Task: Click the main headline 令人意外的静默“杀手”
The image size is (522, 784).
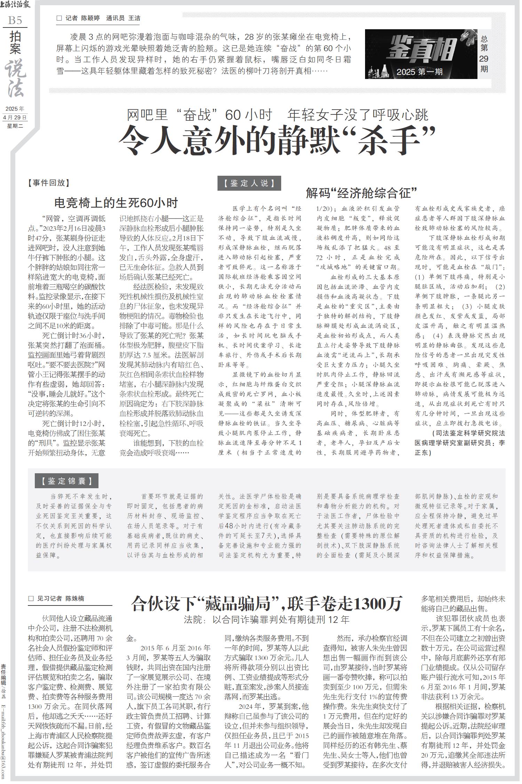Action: (x=277, y=141)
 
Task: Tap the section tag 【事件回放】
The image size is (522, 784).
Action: (x=49, y=183)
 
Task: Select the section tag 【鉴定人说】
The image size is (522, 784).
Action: (x=249, y=183)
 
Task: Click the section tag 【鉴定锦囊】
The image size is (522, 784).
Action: (x=66, y=481)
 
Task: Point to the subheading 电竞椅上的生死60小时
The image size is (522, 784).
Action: (x=116, y=203)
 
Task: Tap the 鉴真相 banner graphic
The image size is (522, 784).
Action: (x=421, y=54)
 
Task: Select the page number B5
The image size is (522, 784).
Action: (x=15, y=20)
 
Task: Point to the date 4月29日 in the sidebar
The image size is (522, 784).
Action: (x=15, y=117)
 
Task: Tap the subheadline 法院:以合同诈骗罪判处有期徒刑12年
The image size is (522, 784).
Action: (x=267, y=619)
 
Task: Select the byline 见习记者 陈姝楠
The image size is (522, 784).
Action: (x=57, y=599)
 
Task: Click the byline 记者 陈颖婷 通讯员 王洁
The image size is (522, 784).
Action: (x=99, y=18)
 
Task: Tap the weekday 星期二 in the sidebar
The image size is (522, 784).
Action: (x=15, y=126)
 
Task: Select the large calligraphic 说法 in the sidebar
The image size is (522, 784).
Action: (x=15, y=78)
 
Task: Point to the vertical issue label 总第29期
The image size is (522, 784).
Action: (x=484, y=54)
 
